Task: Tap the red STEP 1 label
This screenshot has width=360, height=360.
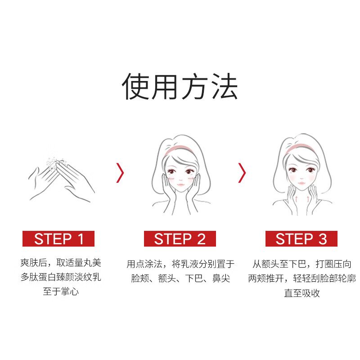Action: (x=58, y=238)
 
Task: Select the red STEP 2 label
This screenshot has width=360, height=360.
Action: (x=180, y=238)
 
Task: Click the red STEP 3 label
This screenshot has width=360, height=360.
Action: (x=301, y=238)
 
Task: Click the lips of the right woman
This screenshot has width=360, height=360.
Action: (x=301, y=181)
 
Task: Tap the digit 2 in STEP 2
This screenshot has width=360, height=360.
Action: (x=201, y=238)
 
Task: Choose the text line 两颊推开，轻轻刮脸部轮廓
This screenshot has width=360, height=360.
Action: (x=301, y=279)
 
